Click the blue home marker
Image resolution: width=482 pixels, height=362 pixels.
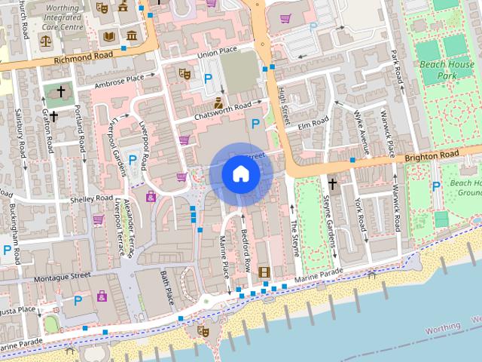(240, 173)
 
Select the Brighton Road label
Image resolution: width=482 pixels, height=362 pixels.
(431, 155)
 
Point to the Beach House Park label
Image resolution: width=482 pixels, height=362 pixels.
(457, 70)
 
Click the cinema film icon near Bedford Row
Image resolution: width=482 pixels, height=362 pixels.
(264, 271)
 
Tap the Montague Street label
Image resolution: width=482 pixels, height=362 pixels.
(64, 276)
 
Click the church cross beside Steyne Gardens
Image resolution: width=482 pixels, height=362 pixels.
(332, 183)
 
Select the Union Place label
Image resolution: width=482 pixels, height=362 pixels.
(217, 51)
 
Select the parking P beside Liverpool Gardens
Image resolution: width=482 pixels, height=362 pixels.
(133, 160)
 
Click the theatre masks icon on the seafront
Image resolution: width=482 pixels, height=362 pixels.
(202, 330)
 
